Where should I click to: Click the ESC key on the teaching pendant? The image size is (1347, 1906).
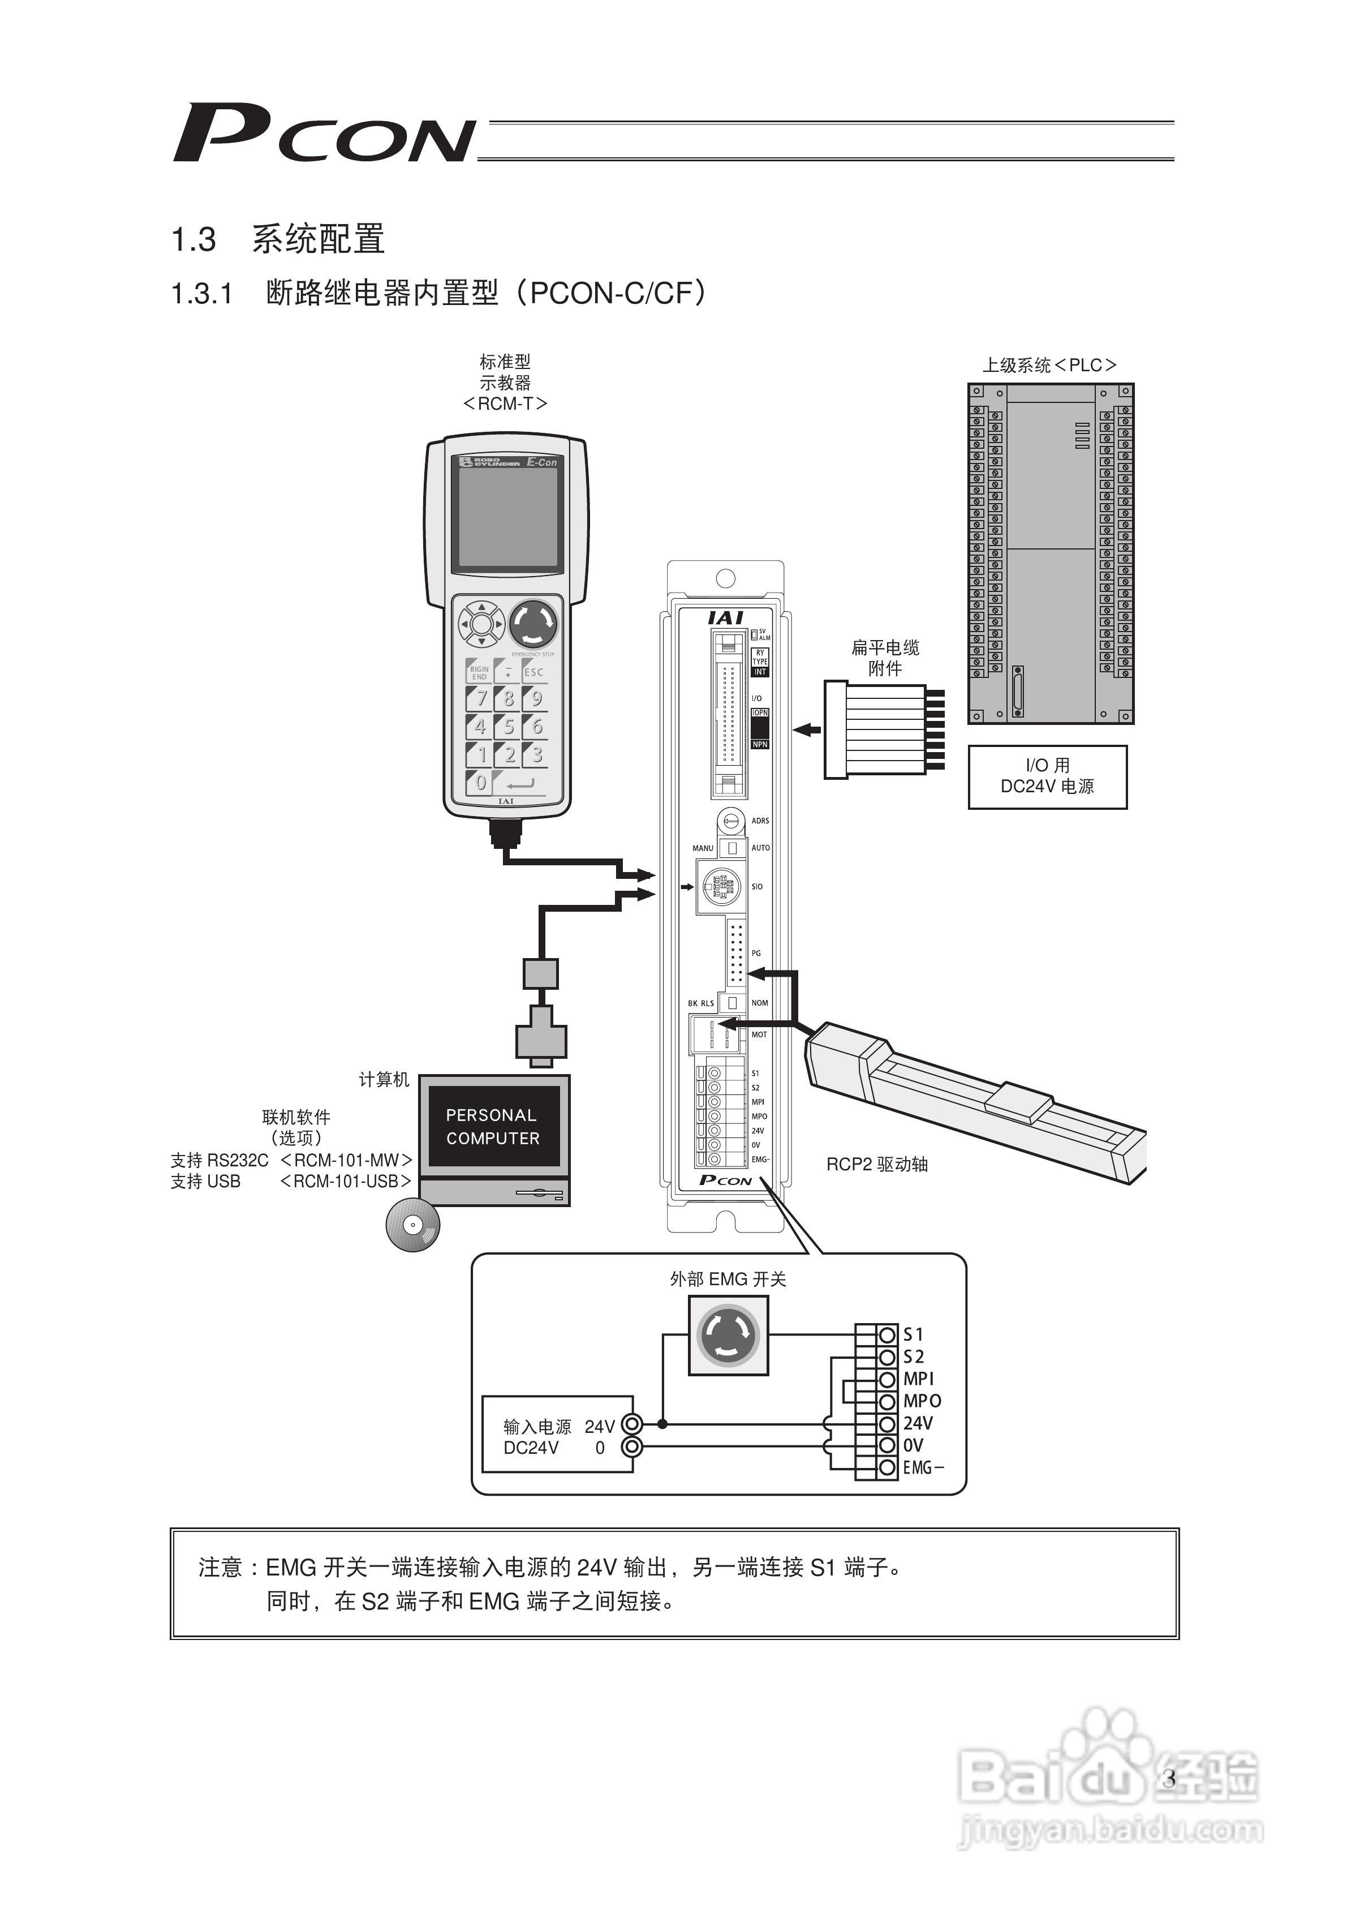coord(535,672)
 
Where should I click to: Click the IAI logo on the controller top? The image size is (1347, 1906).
coord(725,617)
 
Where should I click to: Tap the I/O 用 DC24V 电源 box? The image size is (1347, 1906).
coord(1047,776)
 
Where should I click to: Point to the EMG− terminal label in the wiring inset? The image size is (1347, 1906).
coord(923,1467)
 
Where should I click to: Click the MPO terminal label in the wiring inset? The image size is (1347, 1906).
coord(922,1401)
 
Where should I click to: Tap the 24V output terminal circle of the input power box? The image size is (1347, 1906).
coord(632,1424)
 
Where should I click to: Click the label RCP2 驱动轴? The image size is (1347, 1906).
coord(876,1165)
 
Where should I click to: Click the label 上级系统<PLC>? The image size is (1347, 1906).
coord(1050,365)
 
